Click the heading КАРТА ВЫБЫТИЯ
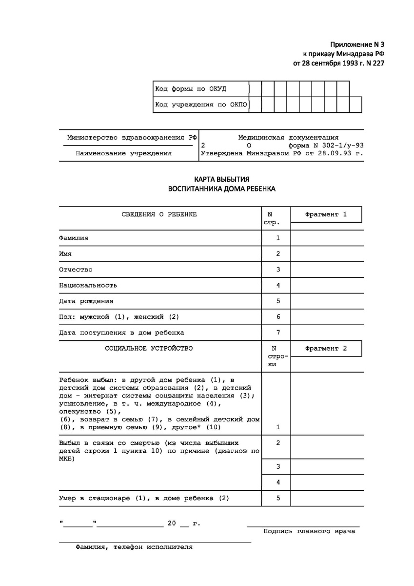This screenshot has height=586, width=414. pyautogui.click(x=221, y=179)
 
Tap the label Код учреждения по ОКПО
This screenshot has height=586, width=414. pyautogui.click(x=201, y=105)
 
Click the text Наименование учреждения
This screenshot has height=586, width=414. pyautogui.click(x=123, y=153)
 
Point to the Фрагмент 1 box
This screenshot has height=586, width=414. pyautogui.click(x=326, y=214)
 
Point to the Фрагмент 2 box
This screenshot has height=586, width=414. pyautogui.click(x=326, y=349)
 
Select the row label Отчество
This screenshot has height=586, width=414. pyautogui.click(x=76, y=270)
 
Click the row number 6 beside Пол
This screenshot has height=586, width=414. pyautogui.click(x=278, y=317)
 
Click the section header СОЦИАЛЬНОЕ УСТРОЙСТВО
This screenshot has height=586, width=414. pyautogui.click(x=149, y=349)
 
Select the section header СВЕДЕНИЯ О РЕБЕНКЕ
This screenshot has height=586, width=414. pyautogui.click(x=159, y=214)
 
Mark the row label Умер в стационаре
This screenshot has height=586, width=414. pyautogui.click(x=144, y=499)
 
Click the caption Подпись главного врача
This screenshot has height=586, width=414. pyautogui.click(x=309, y=531)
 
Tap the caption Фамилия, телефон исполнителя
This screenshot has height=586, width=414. pyautogui.click(x=134, y=547)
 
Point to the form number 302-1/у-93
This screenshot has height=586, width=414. pyautogui.click(x=341, y=145)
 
